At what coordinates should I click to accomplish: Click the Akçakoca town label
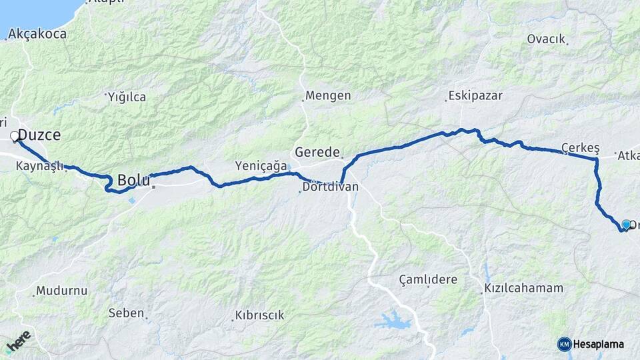(37, 33)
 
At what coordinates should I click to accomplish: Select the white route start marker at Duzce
(15, 136)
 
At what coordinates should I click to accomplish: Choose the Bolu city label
(133, 179)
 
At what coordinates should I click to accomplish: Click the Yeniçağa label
(261, 165)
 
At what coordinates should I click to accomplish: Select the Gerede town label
(317, 152)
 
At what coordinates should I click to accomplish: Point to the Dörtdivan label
(330, 187)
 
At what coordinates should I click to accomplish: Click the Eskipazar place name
(475, 95)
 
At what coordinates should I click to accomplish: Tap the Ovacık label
(546, 39)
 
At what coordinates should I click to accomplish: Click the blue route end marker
(626, 225)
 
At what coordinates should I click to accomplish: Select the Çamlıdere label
(428, 279)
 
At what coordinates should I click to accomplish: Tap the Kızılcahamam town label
(523, 289)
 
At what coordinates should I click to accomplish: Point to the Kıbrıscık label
(259, 315)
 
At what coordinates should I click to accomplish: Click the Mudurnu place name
(62, 291)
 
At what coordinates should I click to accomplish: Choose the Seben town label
(126, 313)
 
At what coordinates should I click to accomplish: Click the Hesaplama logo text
(599, 344)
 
